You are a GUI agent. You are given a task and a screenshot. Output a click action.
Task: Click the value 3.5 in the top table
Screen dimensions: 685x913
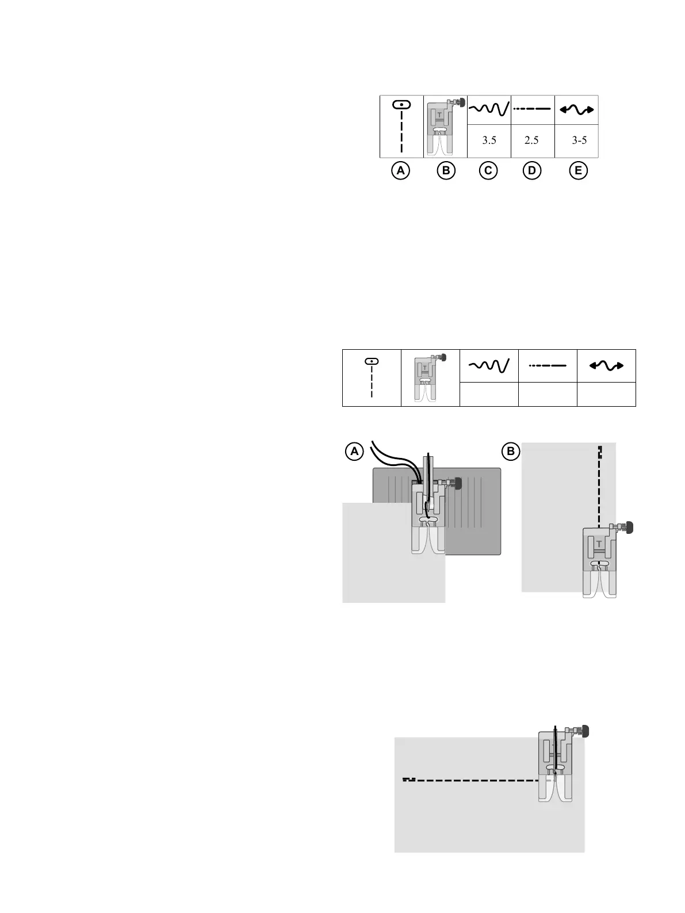(489, 140)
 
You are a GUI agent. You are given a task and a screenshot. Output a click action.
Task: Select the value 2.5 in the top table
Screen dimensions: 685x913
(532, 140)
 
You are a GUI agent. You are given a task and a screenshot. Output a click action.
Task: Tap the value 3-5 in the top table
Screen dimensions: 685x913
(579, 140)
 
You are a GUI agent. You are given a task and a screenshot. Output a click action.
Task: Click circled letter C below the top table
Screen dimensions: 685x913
(488, 171)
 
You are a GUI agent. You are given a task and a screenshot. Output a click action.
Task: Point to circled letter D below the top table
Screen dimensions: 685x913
(532, 171)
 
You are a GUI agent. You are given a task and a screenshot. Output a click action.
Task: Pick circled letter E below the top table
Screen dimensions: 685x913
(578, 171)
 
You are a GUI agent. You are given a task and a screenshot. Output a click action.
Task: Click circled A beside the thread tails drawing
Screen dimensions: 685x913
(355, 452)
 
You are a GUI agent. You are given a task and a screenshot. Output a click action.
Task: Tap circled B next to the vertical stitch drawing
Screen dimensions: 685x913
(510, 452)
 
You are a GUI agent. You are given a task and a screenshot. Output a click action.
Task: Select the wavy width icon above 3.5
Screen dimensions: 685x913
(489, 109)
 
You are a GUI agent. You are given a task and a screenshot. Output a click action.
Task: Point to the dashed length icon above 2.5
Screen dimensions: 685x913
(532, 109)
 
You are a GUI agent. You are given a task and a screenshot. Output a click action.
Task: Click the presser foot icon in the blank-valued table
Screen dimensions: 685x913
(430, 378)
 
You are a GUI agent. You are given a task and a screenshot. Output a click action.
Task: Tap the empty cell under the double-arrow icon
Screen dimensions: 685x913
(606, 394)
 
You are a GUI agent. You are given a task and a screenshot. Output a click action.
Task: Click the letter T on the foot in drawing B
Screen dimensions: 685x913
(599, 543)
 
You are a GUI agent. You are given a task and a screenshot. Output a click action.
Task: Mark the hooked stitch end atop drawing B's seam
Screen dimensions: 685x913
(599, 450)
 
